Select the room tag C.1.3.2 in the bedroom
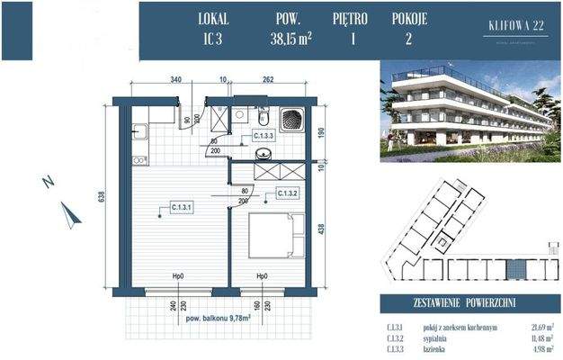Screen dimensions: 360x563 [x=288, y=193]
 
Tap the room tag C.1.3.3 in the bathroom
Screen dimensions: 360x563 [x=263, y=137]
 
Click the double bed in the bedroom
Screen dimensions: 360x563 [x=271, y=236]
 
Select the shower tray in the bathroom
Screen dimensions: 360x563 [x=293, y=120]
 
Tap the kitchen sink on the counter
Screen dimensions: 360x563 [x=139, y=134]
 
